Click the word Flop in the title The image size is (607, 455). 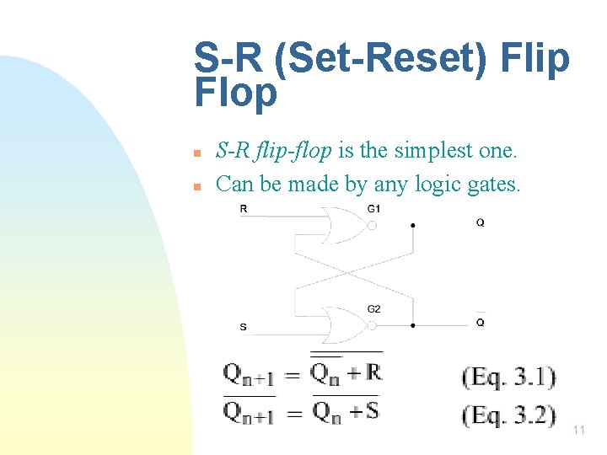click(x=235, y=94)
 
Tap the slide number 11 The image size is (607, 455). click(x=578, y=430)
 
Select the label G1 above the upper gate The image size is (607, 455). click(x=373, y=208)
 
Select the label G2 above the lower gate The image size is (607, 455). click(x=373, y=309)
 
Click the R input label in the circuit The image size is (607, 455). click(x=244, y=209)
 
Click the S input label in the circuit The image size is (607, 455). click(x=244, y=327)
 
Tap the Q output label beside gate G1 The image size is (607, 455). click(x=480, y=223)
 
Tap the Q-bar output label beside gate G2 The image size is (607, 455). click(x=480, y=322)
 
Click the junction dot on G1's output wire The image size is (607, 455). click(x=412, y=226)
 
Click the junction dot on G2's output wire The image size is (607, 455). click(x=412, y=324)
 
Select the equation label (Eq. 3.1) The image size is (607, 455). click(x=509, y=377)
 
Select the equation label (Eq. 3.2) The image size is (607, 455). click(x=509, y=415)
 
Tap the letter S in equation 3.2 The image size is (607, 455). click(x=372, y=411)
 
